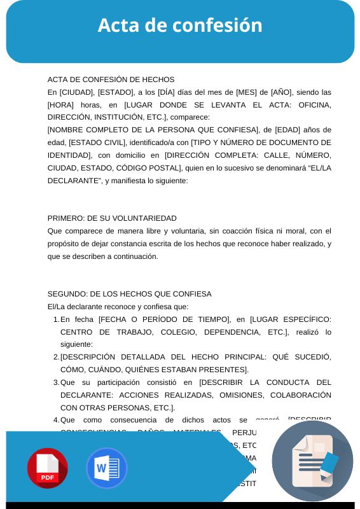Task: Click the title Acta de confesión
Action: pyautogui.click(x=180, y=25)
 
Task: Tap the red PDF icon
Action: pyautogui.click(x=47, y=468)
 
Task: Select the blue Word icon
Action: pyautogui.click(x=107, y=468)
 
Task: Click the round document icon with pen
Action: pyautogui.click(x=312, y=461)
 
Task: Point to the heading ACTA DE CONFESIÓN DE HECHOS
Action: pyautogui.click(x=111, y=80)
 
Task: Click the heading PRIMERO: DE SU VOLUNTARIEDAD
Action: pyautogui.click(x=112, y=218)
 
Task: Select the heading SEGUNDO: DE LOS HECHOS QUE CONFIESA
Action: pyautogui.click(x=130, y=294)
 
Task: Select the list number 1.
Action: pyautogui.click(x=56, y=319)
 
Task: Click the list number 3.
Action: pyautogui.click(x=56, y=382)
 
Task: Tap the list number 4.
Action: pyautogui.click(x=56, y=420)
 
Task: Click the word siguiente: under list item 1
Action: pyautogui.click(x=76, y=344)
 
